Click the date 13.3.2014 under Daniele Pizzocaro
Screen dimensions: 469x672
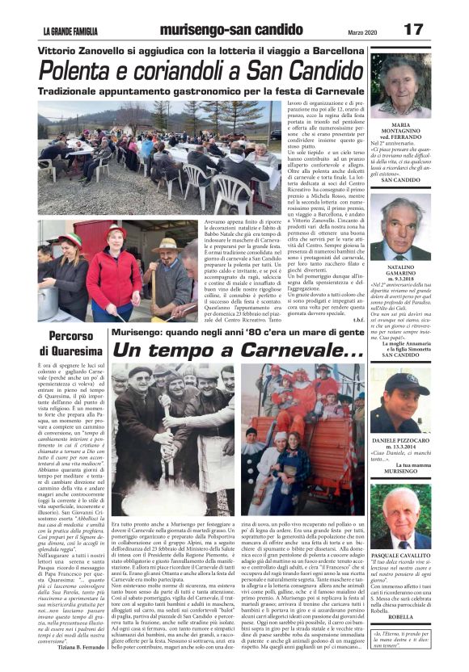[401, 447]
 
